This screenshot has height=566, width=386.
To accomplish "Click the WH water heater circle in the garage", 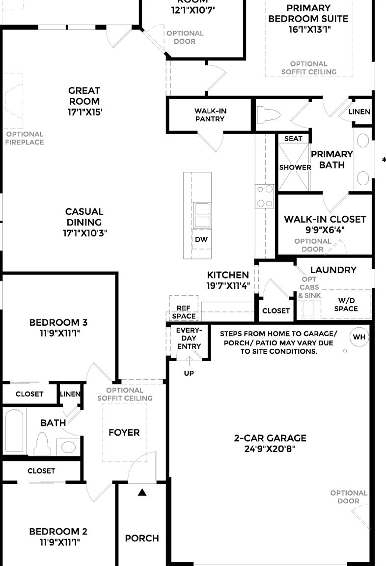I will pyautogui.click(x=359, y=337).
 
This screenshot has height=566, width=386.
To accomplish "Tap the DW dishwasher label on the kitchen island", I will pyautogui.click(x=201, y=240).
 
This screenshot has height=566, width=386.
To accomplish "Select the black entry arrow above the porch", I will pyautogui.click(x=142, y=492).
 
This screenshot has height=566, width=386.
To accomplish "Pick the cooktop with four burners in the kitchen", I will pyautogui.click(x=264, y=196).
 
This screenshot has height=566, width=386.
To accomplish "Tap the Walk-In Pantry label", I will pyautogui.click(x=210, y=115).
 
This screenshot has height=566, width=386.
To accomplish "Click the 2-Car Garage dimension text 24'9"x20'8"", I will pyautogui.click(x=270, y=449).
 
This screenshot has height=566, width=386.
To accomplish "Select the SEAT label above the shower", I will pyautogui.click(x=293, y=139).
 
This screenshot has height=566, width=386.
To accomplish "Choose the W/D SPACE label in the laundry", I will pyautogui.click(x=346, y=305).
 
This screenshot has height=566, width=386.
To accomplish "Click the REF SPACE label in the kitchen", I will pyautogui.click(x=184, y=312).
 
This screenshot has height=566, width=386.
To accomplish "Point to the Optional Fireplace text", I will pyautogui.click(x=25, y=138).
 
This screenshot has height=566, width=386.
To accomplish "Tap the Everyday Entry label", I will pyautogui.click(x=189, y=338).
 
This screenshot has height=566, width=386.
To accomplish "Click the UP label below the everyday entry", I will pyautogui.click(x=189, y=373).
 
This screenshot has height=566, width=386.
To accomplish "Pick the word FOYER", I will pyautogui.click(x=124, y=432).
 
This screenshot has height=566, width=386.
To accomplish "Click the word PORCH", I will pyautogui.click(x=142, y=538).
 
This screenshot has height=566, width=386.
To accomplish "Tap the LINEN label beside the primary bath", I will pyautogui.click(x=359, y=112).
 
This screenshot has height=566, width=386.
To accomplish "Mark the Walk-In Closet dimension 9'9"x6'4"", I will pyautogui.click(x=325, y=229).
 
